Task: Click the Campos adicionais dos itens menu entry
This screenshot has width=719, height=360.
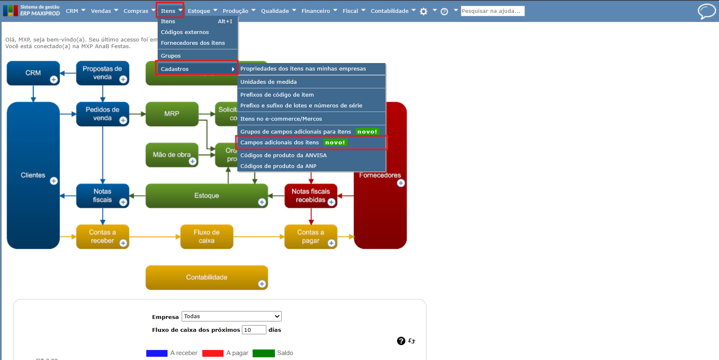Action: (280, 143)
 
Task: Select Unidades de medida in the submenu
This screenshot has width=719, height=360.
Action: (268, 82)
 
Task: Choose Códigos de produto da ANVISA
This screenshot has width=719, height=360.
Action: (283, 156)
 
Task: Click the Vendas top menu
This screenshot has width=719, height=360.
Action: (101, 11)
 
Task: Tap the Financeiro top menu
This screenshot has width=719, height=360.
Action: (316, 11)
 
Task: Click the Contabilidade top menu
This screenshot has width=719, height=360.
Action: (390, 11)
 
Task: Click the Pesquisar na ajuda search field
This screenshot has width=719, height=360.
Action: (492, 11)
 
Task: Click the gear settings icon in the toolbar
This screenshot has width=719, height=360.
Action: (424, 12)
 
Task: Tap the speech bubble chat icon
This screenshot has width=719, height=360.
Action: (706, 11)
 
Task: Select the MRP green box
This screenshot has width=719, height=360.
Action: (172, 114)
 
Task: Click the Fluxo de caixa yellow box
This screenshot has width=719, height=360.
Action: (207, 236)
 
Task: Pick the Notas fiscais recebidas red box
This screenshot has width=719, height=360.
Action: (310, 195)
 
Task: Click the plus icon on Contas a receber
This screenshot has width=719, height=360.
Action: (123, 243)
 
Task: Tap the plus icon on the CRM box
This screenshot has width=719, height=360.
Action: (54, 79)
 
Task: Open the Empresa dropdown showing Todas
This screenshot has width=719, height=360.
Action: (232, 316)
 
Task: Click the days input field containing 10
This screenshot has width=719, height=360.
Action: (253, 330)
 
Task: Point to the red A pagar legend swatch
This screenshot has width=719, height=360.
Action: (213, 353)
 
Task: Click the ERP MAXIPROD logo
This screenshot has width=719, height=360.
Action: (32, 11)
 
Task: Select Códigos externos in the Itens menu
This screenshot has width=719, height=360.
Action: (185, 32)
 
